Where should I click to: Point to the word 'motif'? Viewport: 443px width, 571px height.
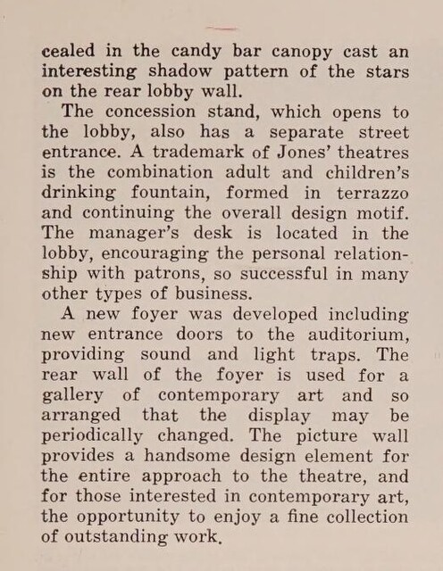click(383, 214)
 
